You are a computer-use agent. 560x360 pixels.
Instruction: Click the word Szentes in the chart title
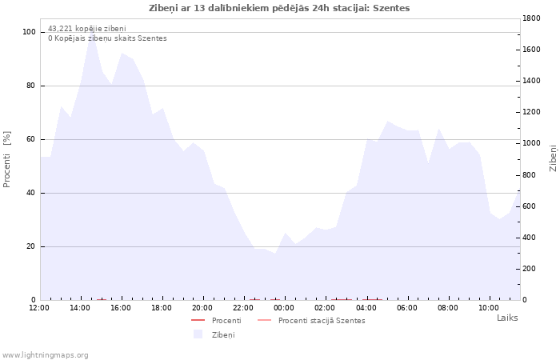pyautogui.click(x=391, y=8)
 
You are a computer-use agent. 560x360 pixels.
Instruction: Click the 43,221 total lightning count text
pyautogui.click(x=86, y=29)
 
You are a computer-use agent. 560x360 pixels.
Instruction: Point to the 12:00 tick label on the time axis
pyautogui.click(x=39, y=308)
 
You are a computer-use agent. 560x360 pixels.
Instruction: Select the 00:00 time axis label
pyautogui.click(x=284, y=308)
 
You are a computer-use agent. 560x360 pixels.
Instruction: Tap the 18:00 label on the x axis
pyautogui.click(x=162, y=308)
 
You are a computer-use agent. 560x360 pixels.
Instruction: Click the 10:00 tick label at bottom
pyautogui.click(x=488, y=308)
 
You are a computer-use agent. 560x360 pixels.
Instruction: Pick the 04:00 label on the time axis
pyautogui.click(x=366, y=308)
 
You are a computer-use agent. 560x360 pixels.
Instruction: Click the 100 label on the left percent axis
pyautogui.click(x=29, y=32)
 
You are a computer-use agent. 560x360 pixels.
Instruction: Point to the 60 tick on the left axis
pyautogui.click(x=30, y=139)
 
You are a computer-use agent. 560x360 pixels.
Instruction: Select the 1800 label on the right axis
pyautogui.click(x=531, y=18)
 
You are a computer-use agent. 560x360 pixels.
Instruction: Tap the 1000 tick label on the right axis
pyautogui.click(x=531, y=143)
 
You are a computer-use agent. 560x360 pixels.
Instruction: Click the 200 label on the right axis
pyautogui.click(x=529, y=269)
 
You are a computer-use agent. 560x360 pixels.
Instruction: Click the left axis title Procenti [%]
pyautogui.click(x=6, y=159)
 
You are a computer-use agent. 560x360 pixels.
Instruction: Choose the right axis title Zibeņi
pyautogui.click(x=553, y=158)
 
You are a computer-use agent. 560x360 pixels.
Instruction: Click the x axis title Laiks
pyautogui.click(x=507, y=318)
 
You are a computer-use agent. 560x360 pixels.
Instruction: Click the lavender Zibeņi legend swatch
pyautogui.click(x=198, y=334)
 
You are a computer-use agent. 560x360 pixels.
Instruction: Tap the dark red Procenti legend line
pyautogui.click(x=198, y=320)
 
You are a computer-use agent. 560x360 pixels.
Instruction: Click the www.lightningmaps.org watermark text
pyautogui.click(x=44, y=355)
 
